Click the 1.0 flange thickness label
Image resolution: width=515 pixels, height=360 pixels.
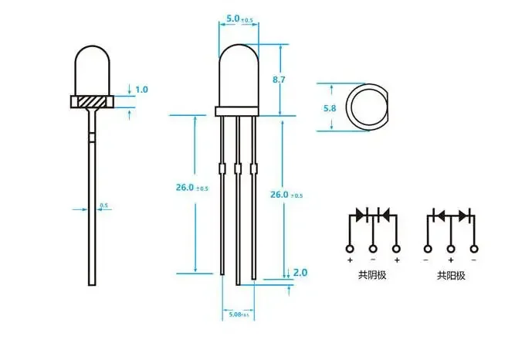click(141, 90)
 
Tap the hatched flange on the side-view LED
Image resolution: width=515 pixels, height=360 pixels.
click(92, 101)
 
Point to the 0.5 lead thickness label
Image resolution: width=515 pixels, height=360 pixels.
click(104, 205)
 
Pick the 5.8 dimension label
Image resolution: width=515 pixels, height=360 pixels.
click(330, 108)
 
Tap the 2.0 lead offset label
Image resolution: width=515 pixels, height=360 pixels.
click(300, 273)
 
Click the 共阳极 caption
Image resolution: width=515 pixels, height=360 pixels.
click(452, 275)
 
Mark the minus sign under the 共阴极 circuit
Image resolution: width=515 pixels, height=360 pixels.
click(373, 261)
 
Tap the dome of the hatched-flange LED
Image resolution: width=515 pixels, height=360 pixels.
click(92, 70)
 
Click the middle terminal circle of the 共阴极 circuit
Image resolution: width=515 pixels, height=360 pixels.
click(373, 249)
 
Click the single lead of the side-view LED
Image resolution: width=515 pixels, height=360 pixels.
click(92, 201)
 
